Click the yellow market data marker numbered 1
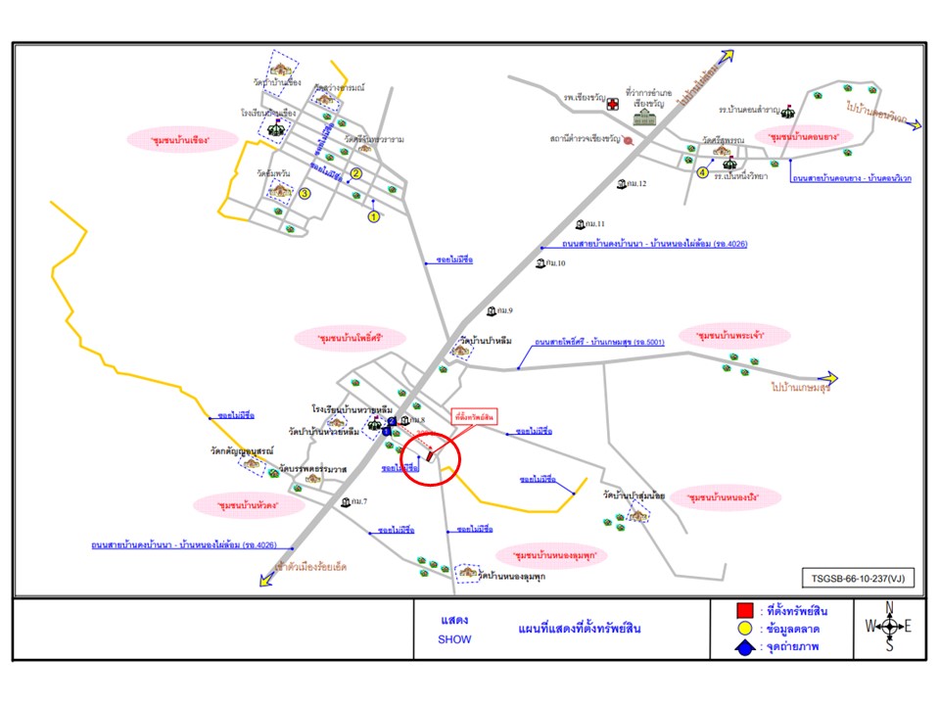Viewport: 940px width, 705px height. [x=373, y=217]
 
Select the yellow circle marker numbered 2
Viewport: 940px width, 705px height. [x=356, y=173]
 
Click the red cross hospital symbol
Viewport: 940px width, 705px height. [x=613, y=103]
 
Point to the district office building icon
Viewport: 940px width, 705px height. [x=645, y=117]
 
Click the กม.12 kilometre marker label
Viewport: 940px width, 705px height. [x=633, y=183]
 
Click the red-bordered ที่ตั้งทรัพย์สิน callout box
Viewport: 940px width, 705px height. [x=474, y=416]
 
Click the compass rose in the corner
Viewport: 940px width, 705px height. [x=888, y=627]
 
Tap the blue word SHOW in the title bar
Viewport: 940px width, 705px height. [x=454, y=639]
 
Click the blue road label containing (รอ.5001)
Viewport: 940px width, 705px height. [x=599, y=343]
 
